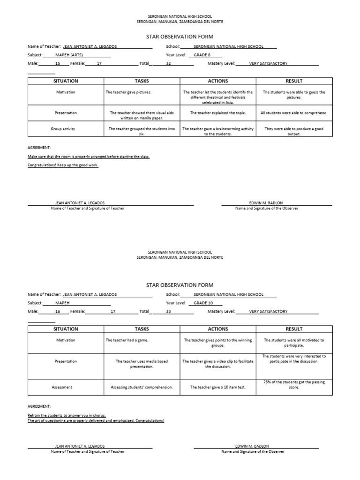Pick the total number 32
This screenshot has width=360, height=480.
(168, 63)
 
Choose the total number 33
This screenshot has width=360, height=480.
(168, 311)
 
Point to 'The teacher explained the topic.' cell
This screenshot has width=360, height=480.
(217, 113)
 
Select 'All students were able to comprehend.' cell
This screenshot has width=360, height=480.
(294, 113)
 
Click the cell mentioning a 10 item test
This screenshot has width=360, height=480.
(217, 388)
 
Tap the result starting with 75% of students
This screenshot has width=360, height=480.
(294, 385)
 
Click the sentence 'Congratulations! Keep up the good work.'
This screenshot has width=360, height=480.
(63, 165)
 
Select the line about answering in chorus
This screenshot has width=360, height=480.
(67, 415)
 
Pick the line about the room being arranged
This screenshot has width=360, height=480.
(89, 157)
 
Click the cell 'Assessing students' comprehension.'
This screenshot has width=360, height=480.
(142, 388)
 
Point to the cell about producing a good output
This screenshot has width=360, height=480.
(294, 131)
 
